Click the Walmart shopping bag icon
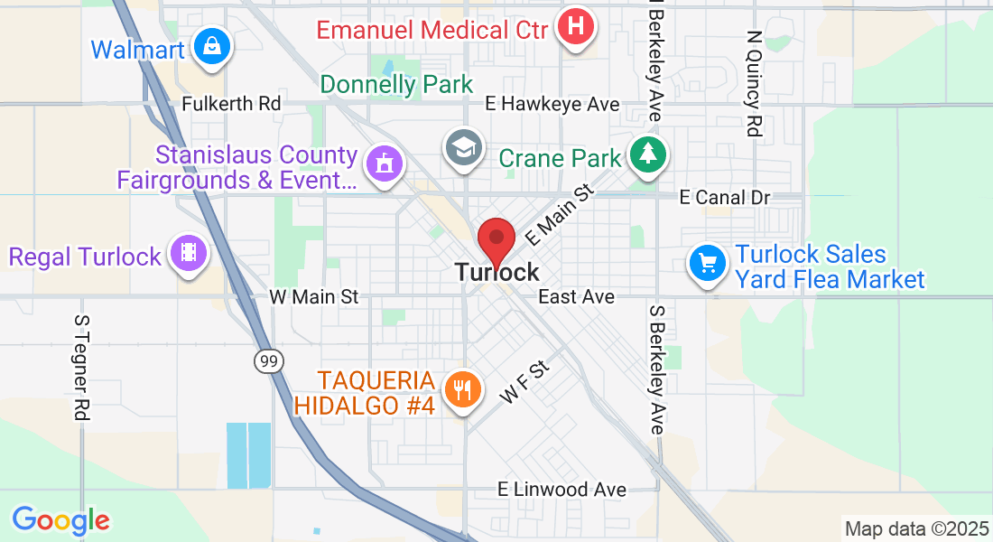pyautogui.click(x=211, y=44)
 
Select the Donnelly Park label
pyautogui.click(x=396, y=85)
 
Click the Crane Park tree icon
pyautogui.click(x=646, y=154)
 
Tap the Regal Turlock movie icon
pyautogui.click(x=188, y=252)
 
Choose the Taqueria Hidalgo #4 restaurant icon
pyautogui.click(x=462, y=389)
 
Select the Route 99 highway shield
pyautogui.click(x=267, y=361)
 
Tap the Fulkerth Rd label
pyautogui.click(x=231, y=104)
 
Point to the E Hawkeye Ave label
pyautogui.click(x=552, y=105)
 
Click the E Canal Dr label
pyautogui.click(x=724, y=197)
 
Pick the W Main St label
pyautogui.click(x=314, y=296)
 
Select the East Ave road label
pyautogui.click(x=576, y=296)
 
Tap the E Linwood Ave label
pyautogui.click(x=561, y=490)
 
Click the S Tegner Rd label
pyautogui.click(x=82, y=367)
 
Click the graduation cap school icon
pyautogui.click(x=465, y=147)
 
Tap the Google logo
pyautogui.click(x=60, y=521)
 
